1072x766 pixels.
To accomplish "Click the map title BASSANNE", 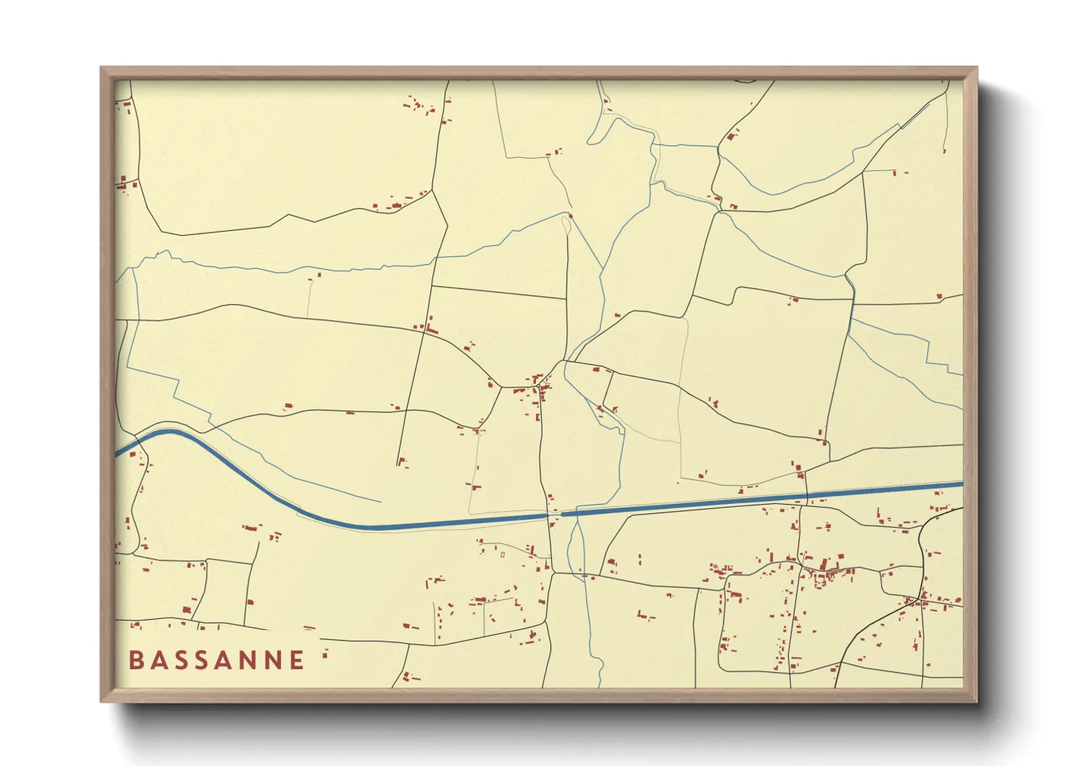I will pos(217,660).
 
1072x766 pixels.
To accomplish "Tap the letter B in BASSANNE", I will pos(135,660).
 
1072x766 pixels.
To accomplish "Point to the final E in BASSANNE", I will pos(297,660).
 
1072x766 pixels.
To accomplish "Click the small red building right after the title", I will pos(325,655).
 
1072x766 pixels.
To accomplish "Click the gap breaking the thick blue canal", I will pos(555,515).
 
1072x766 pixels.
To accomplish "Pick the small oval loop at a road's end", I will pos(566,224).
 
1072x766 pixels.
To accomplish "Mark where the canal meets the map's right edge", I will pos(962,484).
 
